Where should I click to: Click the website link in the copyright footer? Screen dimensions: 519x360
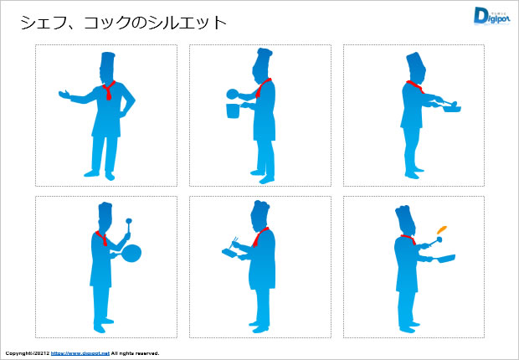[x=80, y=353]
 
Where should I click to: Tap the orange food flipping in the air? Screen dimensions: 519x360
[x=442, y=229]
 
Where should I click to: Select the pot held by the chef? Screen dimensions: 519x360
[x=233, y=111]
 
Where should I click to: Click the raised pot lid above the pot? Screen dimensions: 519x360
[x=233, y=94]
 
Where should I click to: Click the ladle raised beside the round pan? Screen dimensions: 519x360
[x=128, y=228]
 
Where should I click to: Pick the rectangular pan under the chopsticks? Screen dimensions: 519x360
[x=229, y=254]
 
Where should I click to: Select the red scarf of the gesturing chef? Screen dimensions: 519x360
[x=109, y=90]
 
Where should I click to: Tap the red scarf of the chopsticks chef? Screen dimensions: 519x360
[x=259, y=237]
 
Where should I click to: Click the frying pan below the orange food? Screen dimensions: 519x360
[x=444, y=259]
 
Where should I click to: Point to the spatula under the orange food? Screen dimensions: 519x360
[x=434, y=242]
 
